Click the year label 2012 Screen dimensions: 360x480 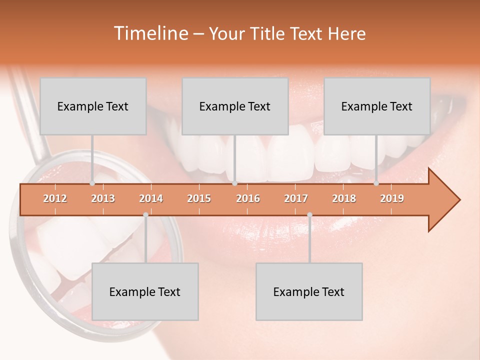[x=55, y=198]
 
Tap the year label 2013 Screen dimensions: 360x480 [x=103, y=198]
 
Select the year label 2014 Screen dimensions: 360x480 [x=151, y=198]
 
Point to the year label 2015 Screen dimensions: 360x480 [x=199, y=198]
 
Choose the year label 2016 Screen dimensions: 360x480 [x=248, y=198]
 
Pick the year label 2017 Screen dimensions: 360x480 [x=296, y=198]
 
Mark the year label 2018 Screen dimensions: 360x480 [x=344, y=198]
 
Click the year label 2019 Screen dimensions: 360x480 [x=392, y=198]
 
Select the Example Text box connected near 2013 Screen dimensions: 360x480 [x=93, y=106]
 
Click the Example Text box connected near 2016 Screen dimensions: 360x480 [x=235, y=106]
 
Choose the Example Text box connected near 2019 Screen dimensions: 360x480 [x=377, y=106]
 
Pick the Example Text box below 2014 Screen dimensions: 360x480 [x=145, y=292]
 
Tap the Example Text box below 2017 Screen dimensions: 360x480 [x=309, y=292]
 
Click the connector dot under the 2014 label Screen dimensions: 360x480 [x=145, y=214]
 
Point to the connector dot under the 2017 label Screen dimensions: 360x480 [x=309, y=214]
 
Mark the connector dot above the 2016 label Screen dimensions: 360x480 [x=234, y=183]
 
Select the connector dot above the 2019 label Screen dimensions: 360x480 [x=376, y=183]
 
